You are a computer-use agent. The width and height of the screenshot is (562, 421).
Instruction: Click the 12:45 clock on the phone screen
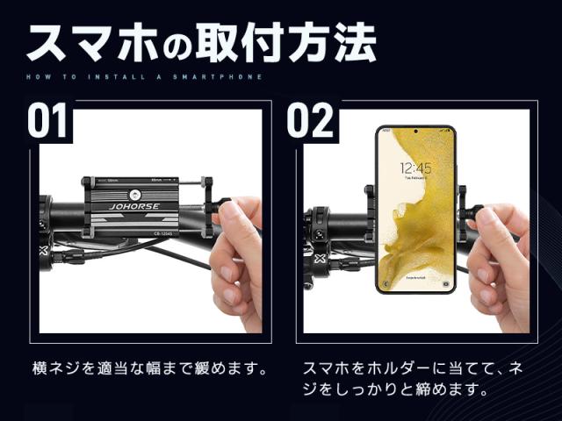415,168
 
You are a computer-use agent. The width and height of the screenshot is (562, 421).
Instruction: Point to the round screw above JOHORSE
135,195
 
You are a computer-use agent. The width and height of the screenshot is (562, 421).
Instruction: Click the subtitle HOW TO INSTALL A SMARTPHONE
144,77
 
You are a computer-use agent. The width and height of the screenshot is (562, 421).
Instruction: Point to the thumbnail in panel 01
229,211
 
